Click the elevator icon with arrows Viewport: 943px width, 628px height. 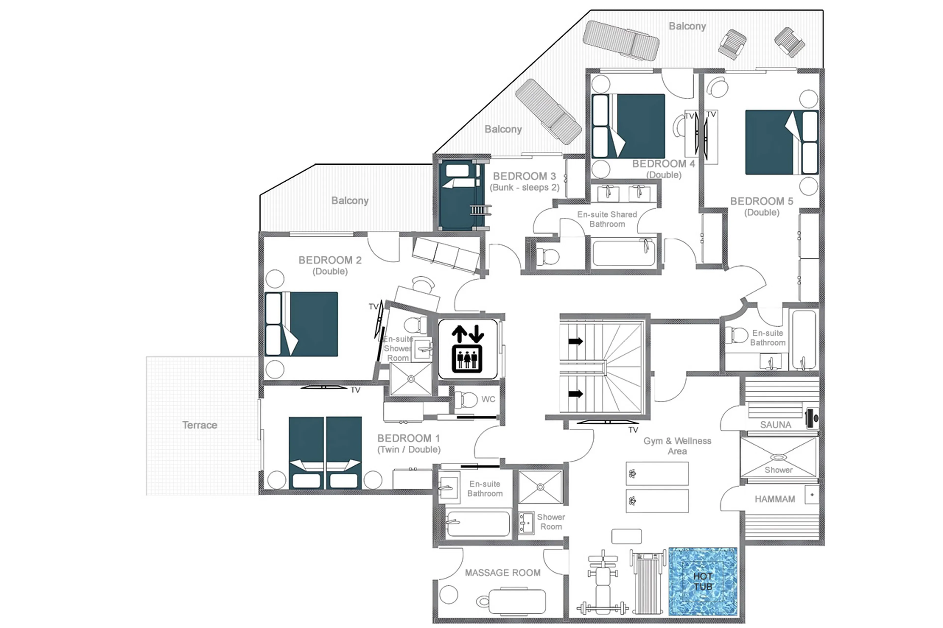pos(467,349)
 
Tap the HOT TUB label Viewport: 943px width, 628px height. pos(703,581)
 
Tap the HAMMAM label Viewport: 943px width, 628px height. pos(774,499)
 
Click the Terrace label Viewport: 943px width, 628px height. pos(200,425)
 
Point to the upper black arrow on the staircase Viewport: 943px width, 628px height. pos(575,341)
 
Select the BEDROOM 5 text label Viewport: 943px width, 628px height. pos(761,201)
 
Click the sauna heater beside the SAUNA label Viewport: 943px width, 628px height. pos(812,418)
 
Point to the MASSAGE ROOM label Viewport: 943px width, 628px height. pos(502,573)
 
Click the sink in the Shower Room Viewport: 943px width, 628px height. pos(526,523)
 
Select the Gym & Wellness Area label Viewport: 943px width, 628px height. pos(677,446)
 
